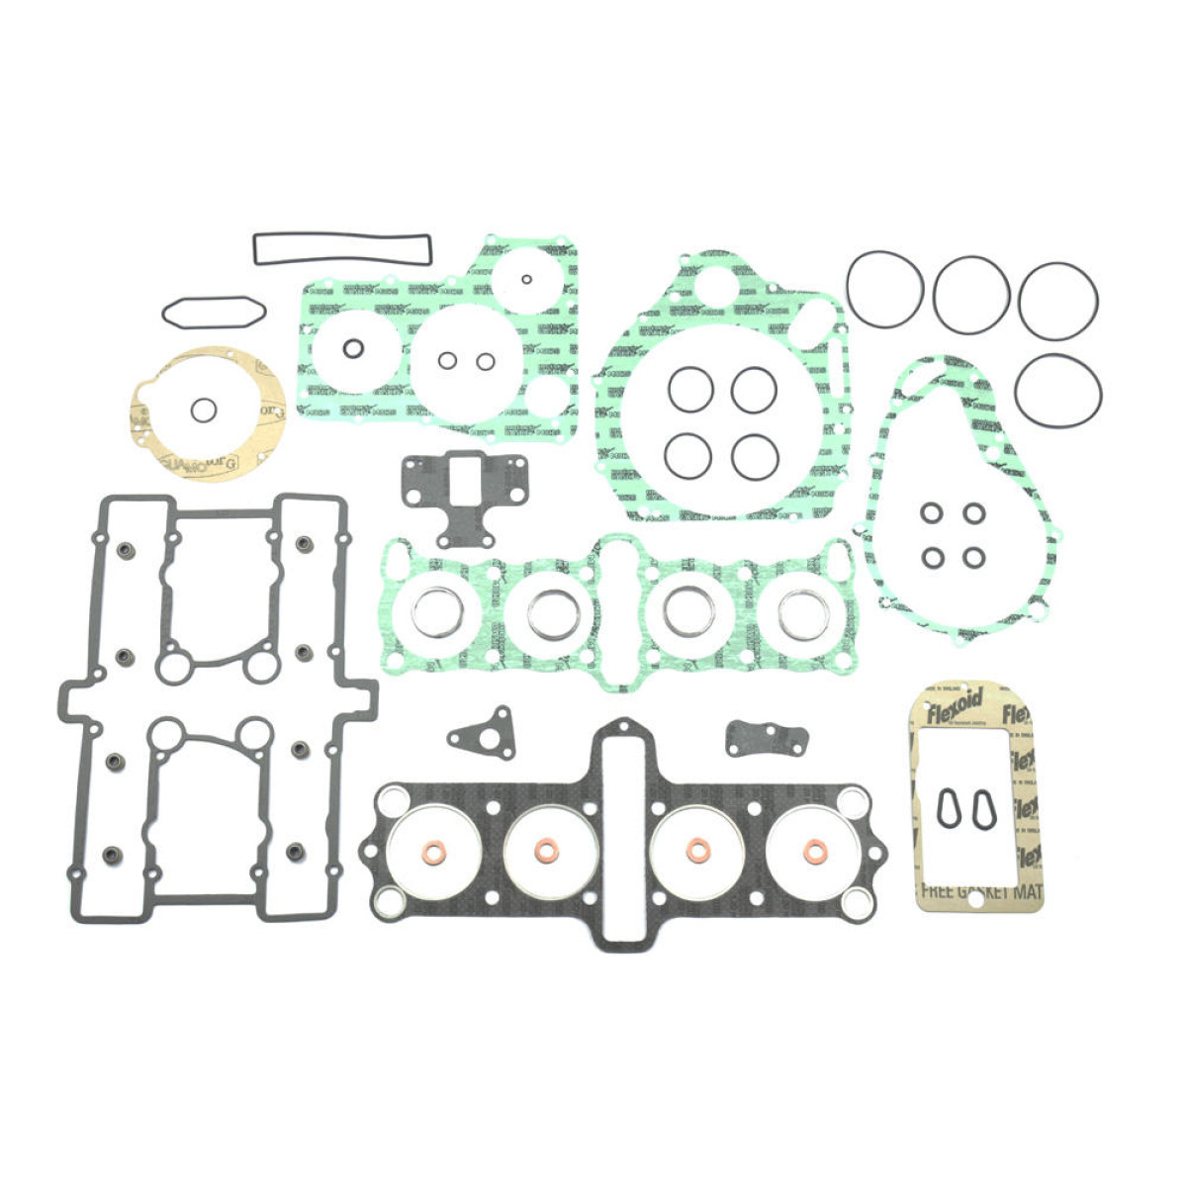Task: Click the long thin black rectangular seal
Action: (x=342, y=237)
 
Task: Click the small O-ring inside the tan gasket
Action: (x=204, y=410)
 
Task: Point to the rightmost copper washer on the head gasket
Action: (x=814, y=851)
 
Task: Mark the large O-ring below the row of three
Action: (x=1057, y=391)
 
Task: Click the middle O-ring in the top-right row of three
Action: (x=971, y=295)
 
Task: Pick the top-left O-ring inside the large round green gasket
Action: (x=690, y=389)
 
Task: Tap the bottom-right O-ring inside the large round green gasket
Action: (x=755, y=456)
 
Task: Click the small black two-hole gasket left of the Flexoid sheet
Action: (x=767, y=736)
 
